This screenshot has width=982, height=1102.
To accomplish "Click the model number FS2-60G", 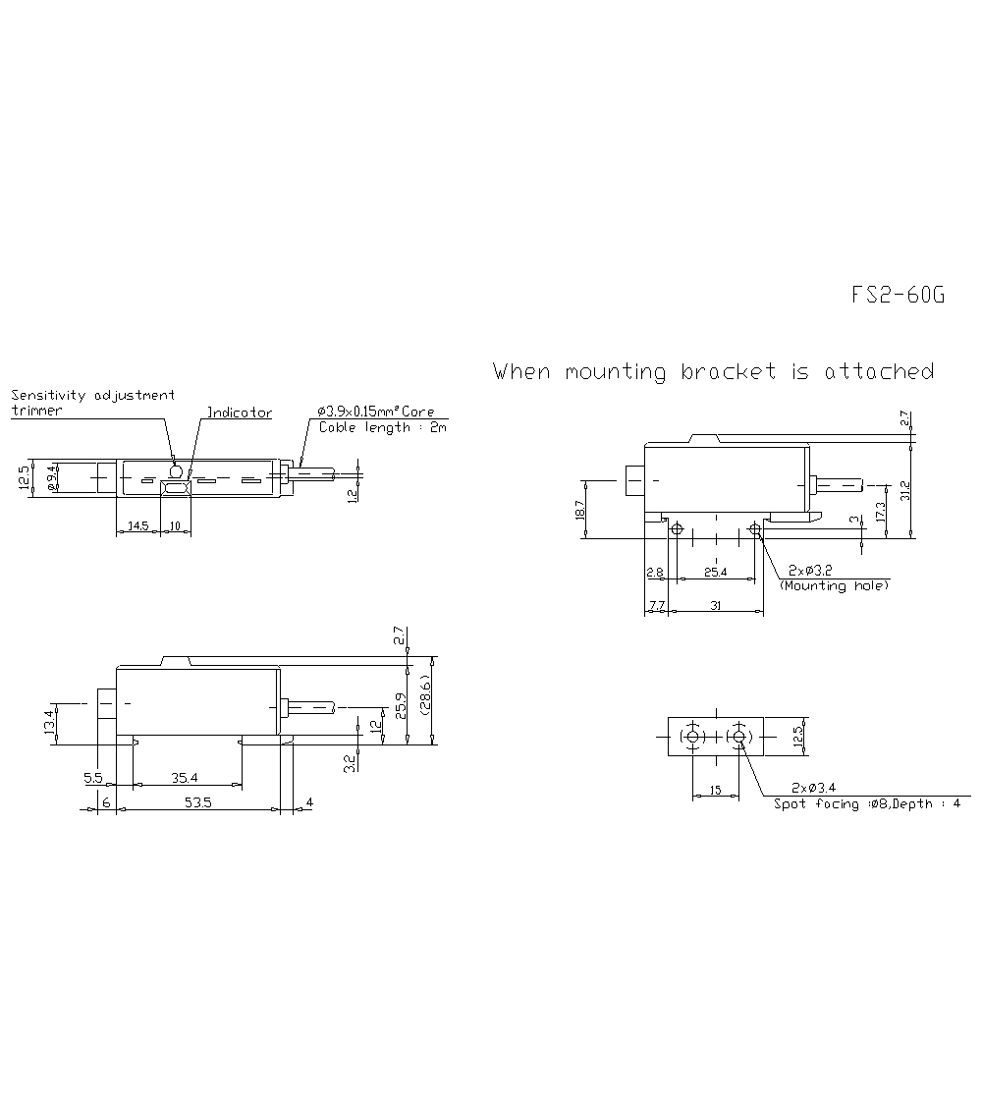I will [898, 296].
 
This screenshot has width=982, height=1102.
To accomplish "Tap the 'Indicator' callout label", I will [239, 413].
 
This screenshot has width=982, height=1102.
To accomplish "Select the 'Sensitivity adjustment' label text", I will [93, 395].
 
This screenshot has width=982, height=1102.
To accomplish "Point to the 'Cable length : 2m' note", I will [382, 428].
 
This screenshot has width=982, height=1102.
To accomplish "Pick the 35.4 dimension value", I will [185, 778].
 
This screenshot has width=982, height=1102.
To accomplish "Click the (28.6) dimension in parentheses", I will [425, 700].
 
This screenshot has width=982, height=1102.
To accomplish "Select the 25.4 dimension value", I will [715, 572].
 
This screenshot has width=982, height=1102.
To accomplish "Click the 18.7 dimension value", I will [579, 510].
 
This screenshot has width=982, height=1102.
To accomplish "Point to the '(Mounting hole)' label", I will [834, 585].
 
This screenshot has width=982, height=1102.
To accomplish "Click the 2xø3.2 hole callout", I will [811, 571].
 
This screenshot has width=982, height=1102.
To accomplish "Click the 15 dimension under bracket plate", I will [716, 790].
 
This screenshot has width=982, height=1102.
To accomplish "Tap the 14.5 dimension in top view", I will [138, 527].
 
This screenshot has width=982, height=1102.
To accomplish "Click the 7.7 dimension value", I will [656, 607].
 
